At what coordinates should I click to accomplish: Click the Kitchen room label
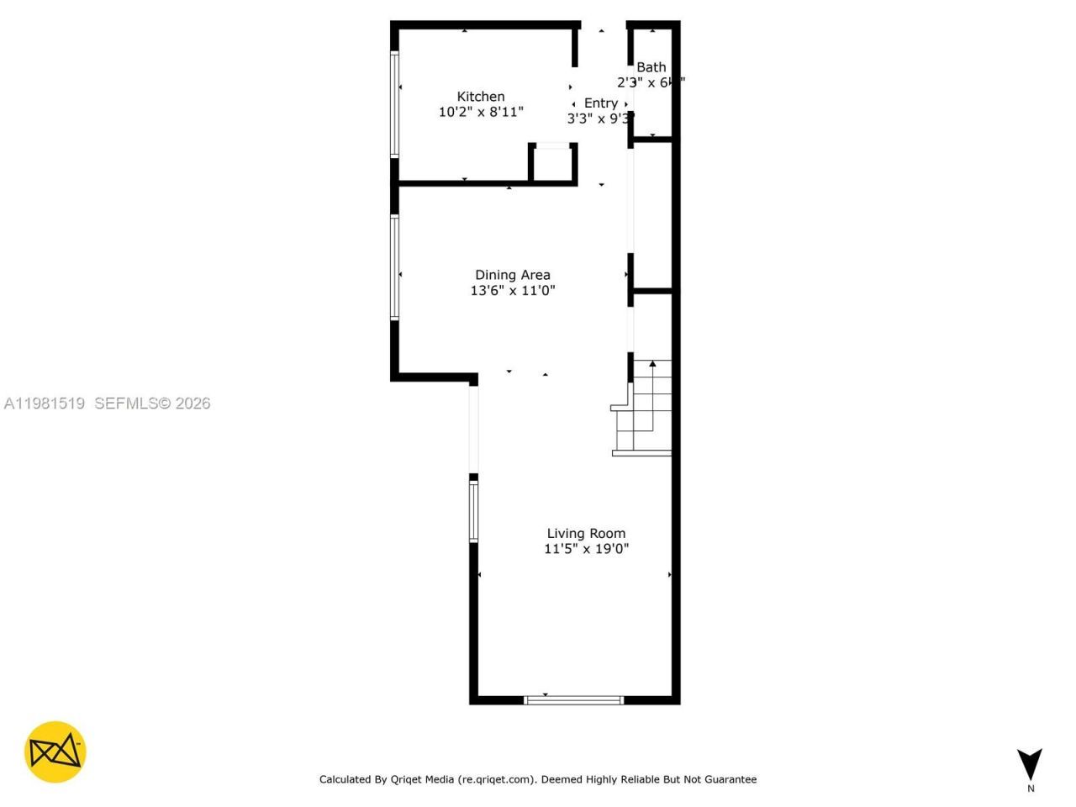point(480,97)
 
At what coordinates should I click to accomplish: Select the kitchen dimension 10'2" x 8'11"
point(481,112)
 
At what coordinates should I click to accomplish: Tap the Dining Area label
point(512,275)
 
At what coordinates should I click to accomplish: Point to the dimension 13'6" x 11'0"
point(512,291)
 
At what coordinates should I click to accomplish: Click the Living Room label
point(586,533)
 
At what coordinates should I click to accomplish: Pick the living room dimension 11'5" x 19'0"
point(586,549)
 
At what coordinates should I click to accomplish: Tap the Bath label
point(651,67)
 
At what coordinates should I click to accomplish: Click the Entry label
point(601,103)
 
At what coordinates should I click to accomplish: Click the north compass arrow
point(1029,763)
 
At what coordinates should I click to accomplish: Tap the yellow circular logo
point(55,752)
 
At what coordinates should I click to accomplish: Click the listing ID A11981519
point(45,403)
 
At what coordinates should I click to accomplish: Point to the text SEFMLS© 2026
point(152,403)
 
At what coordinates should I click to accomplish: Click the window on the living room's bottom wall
point(574,699)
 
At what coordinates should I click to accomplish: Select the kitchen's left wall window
point(394,104)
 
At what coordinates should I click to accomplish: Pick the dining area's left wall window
point(394,267)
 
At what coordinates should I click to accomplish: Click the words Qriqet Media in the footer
point(422,779)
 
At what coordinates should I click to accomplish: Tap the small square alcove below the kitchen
point(553,163)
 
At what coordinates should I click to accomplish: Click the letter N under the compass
point(1031,789)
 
